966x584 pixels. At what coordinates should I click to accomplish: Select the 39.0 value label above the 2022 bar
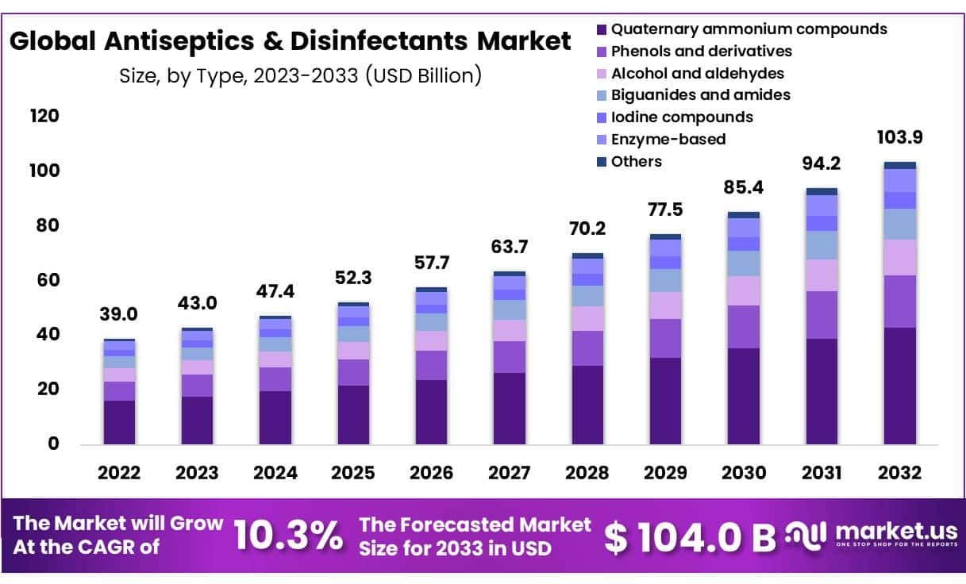(118, 314)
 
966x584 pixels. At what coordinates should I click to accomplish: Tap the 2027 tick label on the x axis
(509, 473)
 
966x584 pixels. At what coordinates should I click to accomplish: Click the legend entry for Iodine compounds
(682, 117)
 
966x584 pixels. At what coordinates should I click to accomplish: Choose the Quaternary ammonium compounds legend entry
(749, 29)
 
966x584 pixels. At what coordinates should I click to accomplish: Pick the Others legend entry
(636, 162)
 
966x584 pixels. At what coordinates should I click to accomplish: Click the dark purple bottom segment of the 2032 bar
(899, 386)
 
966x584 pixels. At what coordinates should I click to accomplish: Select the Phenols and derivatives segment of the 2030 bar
(744, 327)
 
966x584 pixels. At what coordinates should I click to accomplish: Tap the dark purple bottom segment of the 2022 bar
(119, 422)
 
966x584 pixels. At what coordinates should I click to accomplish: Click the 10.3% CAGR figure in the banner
(288, 536)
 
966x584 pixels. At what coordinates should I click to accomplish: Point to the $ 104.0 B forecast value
(690, 537)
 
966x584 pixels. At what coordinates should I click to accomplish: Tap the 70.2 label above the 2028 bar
(587, 229)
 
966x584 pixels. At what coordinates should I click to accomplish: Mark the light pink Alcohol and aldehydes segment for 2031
(822, 275)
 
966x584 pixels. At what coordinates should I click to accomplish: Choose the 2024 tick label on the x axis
(275, 473)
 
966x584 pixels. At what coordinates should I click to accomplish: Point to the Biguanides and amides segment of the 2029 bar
(665, 280)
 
